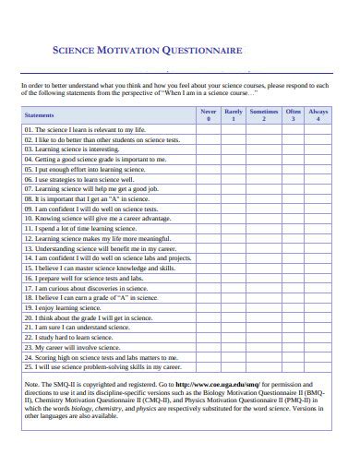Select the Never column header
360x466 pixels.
(209, 114)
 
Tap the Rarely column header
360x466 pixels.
(234, 114)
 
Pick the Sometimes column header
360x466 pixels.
(263, 114)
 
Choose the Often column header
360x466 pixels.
(293, 114)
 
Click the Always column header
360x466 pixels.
(318, 114)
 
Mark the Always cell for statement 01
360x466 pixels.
(318, 130)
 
